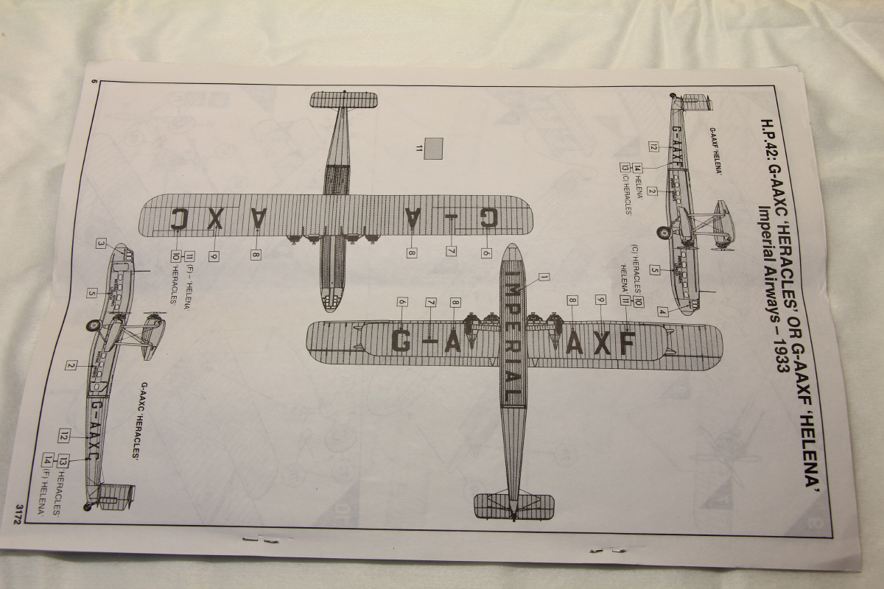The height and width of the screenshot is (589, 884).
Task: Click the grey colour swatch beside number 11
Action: [x=435, y=148]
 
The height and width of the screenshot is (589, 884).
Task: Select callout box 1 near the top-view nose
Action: [x=544, y=278]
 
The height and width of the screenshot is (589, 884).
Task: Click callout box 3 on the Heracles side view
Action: [x=102, y=244]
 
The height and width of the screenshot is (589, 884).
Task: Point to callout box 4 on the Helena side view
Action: [x=662, y=311]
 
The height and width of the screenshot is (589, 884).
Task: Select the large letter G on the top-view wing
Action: [x=401, y=341]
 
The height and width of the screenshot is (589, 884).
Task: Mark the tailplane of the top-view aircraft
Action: [x=513, y=504]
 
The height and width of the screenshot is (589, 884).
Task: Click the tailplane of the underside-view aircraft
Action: [x=343, y=100]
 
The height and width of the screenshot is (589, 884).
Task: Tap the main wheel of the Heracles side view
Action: [x=94, y=325]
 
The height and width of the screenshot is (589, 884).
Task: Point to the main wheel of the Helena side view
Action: [x=664, y=233]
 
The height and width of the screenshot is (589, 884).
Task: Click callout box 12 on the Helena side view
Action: [x=653, y=146]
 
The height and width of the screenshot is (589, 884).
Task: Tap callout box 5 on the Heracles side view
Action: [x=92, y=293]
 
